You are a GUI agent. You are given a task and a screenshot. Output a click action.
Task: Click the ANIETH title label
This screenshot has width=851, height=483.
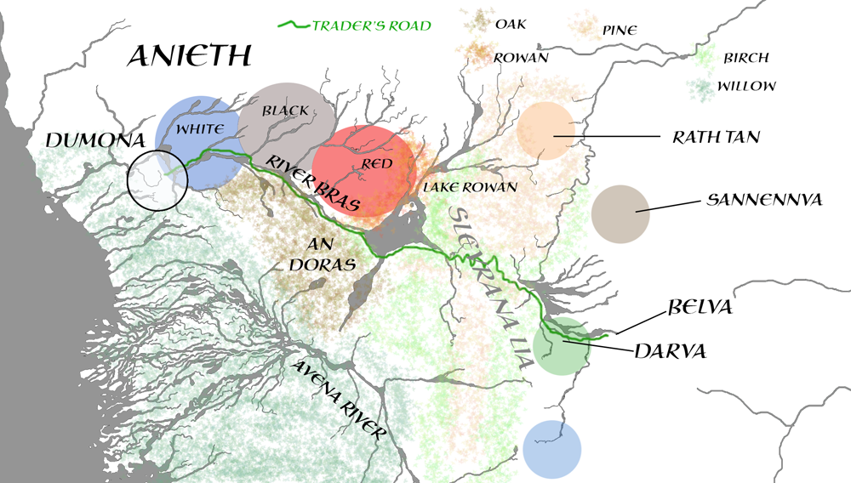point(189,56)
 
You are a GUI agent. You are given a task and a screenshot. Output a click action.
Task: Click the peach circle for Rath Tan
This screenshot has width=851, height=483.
point(545,130)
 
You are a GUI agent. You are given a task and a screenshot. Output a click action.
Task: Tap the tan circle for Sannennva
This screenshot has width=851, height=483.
point(620,212)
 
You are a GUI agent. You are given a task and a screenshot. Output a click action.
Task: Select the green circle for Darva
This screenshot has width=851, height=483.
point(562,346)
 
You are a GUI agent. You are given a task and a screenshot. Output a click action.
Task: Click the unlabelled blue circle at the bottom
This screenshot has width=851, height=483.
point(552,448)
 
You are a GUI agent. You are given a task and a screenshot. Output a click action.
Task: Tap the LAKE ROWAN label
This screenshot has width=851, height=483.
point(469,187)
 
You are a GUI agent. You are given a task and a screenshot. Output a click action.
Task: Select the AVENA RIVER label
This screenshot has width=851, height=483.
point(339,401)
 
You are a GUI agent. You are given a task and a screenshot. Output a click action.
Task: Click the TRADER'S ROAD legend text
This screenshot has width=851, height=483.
point(371,25)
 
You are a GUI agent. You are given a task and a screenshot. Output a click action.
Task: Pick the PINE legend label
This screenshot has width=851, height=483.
point(620,31)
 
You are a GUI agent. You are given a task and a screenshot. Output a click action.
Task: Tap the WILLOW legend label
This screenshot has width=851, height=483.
point(745,86)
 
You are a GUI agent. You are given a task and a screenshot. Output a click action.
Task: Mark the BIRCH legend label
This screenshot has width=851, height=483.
point(745,58)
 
